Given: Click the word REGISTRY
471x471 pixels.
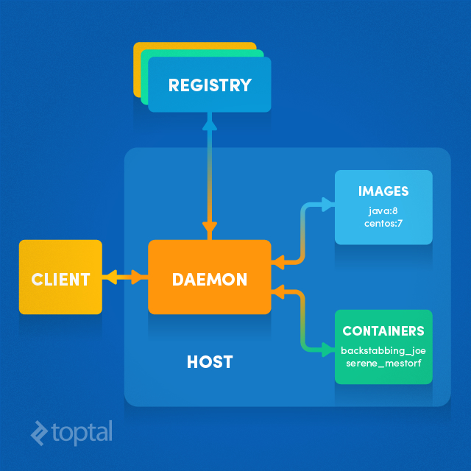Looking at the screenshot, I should pyautogui.click(x=210, y=85).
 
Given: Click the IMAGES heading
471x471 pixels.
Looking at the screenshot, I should pyautogui.click(x=383, y=191).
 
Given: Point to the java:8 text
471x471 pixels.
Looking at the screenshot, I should pyautogui.click(x=383, y=210).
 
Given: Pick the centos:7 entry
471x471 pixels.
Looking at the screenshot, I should pyautogui.click(x=383, y=222).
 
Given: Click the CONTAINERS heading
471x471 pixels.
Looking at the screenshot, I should pyautogui.click(x=383, y=331).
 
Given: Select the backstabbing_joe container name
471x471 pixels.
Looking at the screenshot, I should pyautogui.click(x=383, y=350).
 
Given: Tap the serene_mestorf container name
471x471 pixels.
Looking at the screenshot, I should pyautogui.click(x=383, y=362).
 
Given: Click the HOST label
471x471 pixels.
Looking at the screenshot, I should pyautogui.click(x=210, y=361).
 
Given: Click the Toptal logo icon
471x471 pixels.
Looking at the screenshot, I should pyautogui.click(x=40, y=433).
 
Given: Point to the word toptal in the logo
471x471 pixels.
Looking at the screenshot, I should pyautogui.click(x=82, y=432).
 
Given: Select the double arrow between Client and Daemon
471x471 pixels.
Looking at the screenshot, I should pyautogui.click(x=125, y=277).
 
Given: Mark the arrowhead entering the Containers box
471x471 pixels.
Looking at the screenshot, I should pyautogui.click(x=327, y=347).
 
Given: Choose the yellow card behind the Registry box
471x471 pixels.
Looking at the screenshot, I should pyautogui.click(x=137, y=70).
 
